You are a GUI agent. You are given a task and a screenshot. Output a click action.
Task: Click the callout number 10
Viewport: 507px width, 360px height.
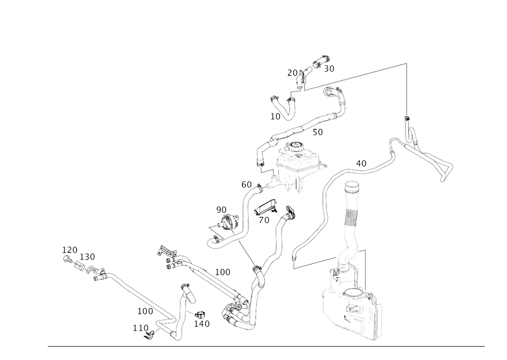tap(275, 116)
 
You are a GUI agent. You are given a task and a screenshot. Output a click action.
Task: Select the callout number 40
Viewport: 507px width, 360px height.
tap(361, 163)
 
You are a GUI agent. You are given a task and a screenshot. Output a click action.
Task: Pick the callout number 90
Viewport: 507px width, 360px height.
tap(221, 209)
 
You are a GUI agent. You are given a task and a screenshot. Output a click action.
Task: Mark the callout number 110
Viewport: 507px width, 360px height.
tap(139, 328)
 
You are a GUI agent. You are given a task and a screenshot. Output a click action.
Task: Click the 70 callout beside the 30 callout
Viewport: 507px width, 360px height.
tap(291, 72)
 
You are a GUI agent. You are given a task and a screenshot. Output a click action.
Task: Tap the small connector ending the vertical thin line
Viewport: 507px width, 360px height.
tap(407, 120)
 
